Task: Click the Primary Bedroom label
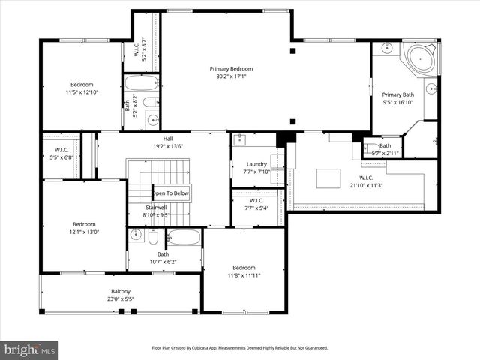[x=231, y=68]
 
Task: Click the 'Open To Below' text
[x=172, y=193]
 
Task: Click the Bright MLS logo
[x=30, y=349]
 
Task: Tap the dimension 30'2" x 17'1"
[x=231, y=76]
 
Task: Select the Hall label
[x=163, y=139]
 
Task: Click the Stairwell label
[x=156, y=208]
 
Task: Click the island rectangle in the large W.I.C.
[x=328, y=178]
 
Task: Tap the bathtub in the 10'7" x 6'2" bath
[x=184, y=239]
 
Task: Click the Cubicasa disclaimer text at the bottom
[x=239, y=347]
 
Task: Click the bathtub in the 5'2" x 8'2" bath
[x=141, y=82]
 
